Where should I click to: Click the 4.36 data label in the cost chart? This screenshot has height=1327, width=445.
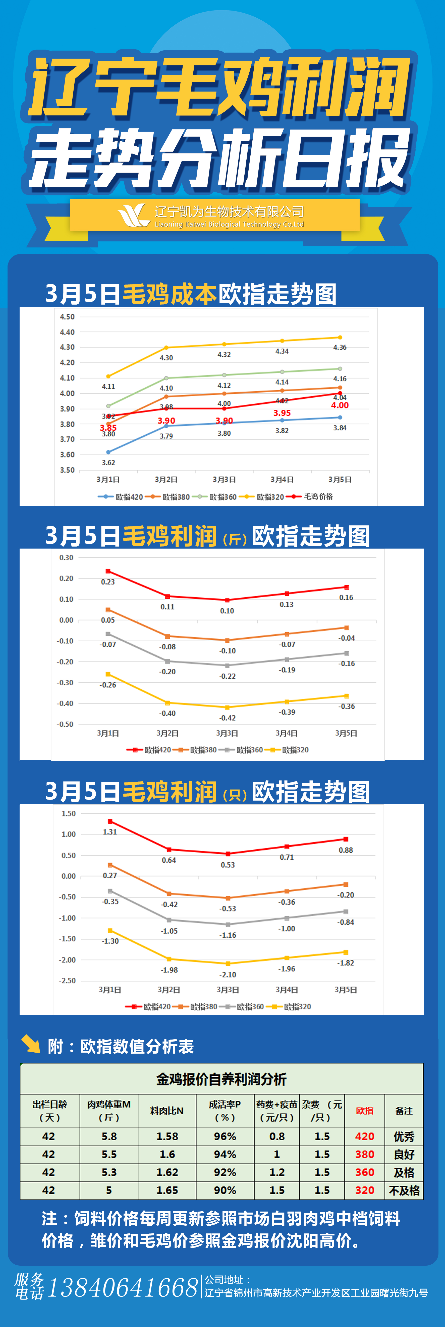pos(340,347)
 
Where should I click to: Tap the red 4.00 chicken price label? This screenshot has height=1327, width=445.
pos(340,405)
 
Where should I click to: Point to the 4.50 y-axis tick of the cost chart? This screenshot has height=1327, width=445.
pos(67,317)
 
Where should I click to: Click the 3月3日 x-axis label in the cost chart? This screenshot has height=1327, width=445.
pos(224,480)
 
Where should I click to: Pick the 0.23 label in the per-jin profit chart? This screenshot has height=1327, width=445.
pos(108,582)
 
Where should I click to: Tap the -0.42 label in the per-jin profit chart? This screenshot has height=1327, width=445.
pos(227,718)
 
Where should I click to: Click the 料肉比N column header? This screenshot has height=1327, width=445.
pos(167,1111)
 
